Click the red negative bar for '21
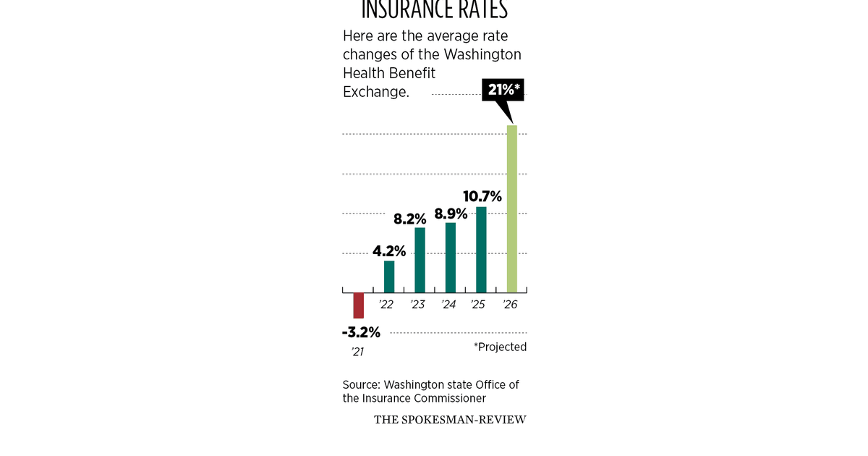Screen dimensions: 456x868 pos(358,305)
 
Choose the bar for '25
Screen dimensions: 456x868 pos(481,249)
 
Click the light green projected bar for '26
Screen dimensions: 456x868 pos(512,208)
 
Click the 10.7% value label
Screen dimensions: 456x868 pos(482,195)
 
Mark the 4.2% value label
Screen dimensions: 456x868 pos(389,251)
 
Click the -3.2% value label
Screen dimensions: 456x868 pos(361,333)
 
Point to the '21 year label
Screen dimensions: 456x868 pos(357,352)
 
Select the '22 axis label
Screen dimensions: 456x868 pos(386,305)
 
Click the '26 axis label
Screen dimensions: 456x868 pos(510,305)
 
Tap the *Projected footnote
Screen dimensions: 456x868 pos(500,347)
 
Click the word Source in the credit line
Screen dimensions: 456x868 pos(360,384)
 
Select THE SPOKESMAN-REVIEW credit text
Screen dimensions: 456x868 pos(450,420)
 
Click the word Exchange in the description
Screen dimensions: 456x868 pos(375,92)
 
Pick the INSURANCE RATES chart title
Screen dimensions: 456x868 pos(434,10)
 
